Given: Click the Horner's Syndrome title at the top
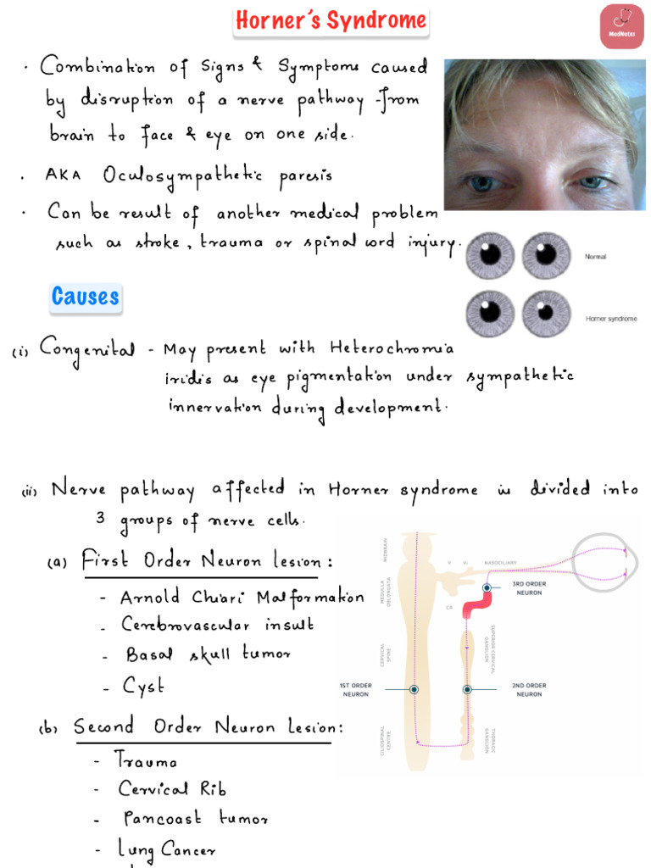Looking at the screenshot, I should (331, 21).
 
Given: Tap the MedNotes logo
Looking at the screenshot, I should (621, 26).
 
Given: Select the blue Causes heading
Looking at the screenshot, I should (85, 297).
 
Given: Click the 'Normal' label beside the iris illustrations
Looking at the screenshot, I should (596, 255).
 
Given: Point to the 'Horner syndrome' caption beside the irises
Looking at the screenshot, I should (611, 319).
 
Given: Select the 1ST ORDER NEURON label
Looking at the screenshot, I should (356, 689).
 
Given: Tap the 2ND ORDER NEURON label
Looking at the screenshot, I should (530, 689).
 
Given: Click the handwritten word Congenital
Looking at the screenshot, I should (86, 350).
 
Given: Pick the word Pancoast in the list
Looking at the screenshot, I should (162, 818).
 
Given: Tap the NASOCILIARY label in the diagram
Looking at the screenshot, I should (500, 563).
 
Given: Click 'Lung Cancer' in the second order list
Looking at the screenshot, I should (167, 849).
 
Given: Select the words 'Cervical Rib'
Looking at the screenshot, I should (172, 788).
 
